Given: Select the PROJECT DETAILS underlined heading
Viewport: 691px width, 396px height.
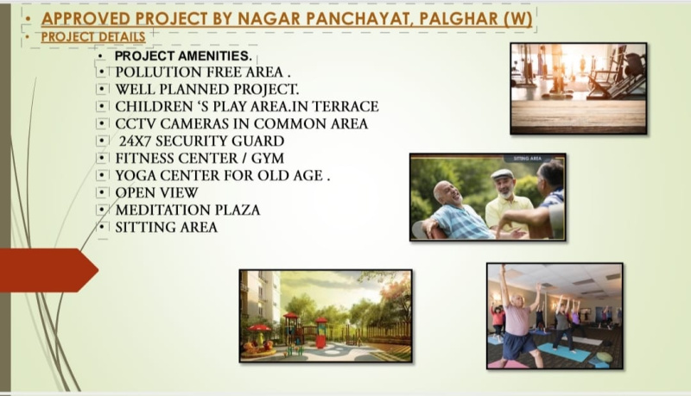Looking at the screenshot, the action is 93,37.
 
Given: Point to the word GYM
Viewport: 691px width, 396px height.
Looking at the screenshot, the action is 268,158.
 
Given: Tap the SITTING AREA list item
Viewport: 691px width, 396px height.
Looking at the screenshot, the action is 166,227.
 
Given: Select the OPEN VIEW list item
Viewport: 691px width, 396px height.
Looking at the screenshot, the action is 156,192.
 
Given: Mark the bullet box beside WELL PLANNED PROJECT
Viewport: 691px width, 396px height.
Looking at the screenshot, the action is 102,90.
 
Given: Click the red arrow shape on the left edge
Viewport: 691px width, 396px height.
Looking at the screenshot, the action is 48,270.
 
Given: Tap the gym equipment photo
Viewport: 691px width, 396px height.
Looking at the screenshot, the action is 578,89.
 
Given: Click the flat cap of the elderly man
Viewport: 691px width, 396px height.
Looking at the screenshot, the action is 503,174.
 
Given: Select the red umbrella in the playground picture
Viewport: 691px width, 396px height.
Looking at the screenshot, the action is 260,328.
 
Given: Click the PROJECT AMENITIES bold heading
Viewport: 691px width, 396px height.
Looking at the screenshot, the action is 183,56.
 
